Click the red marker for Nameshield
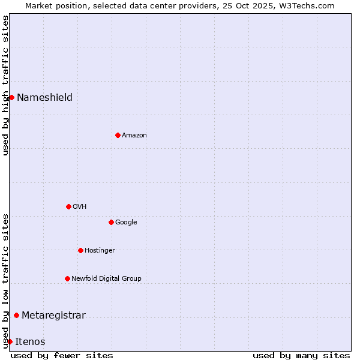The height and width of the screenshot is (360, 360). [11, 97]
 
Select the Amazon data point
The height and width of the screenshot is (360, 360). [118, 135]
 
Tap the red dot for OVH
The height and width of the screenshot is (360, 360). [68, 206]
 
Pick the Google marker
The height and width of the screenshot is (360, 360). [111, 222]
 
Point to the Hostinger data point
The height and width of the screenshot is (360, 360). [80, 250]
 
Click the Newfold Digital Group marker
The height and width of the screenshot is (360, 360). [67, 278]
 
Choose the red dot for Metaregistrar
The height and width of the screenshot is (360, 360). [16, 315]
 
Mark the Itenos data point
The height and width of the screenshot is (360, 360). [10, 341]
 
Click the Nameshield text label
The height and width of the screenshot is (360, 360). [44, 97]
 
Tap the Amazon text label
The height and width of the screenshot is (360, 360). [134, 135]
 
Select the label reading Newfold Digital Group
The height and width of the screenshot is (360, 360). [106, 278]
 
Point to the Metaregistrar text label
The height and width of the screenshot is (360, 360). [53, 315]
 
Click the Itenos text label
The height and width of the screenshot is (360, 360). [30, 341]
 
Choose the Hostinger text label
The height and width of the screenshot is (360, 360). [100, 250]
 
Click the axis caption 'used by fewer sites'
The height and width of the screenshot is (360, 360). [62, 355]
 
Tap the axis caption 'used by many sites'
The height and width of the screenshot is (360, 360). [301, 355]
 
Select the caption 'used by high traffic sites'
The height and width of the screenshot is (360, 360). [5, 85]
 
